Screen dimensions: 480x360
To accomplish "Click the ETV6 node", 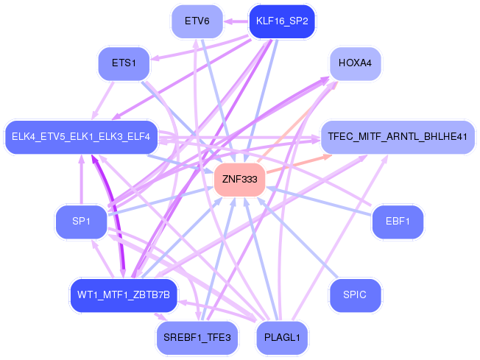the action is tap(197, 21).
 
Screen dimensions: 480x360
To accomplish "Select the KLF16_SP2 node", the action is tap(282, 21).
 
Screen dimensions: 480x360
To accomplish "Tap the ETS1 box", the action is tap(124, 63).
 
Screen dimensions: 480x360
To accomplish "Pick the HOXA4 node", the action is tap(355, 63).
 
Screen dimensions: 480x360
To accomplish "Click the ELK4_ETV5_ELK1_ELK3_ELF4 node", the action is tap(81, 137).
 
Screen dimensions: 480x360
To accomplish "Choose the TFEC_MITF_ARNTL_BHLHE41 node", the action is tap(398, 137).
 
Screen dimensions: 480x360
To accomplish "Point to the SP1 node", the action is tap(81, 222).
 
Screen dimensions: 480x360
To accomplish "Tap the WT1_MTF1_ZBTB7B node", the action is tap(124, 295).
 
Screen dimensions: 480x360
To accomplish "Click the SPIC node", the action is tap(355, 295).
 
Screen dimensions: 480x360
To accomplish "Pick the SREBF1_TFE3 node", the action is tap(197, 338).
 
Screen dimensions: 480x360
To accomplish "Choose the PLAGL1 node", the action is tap(282, 338).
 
